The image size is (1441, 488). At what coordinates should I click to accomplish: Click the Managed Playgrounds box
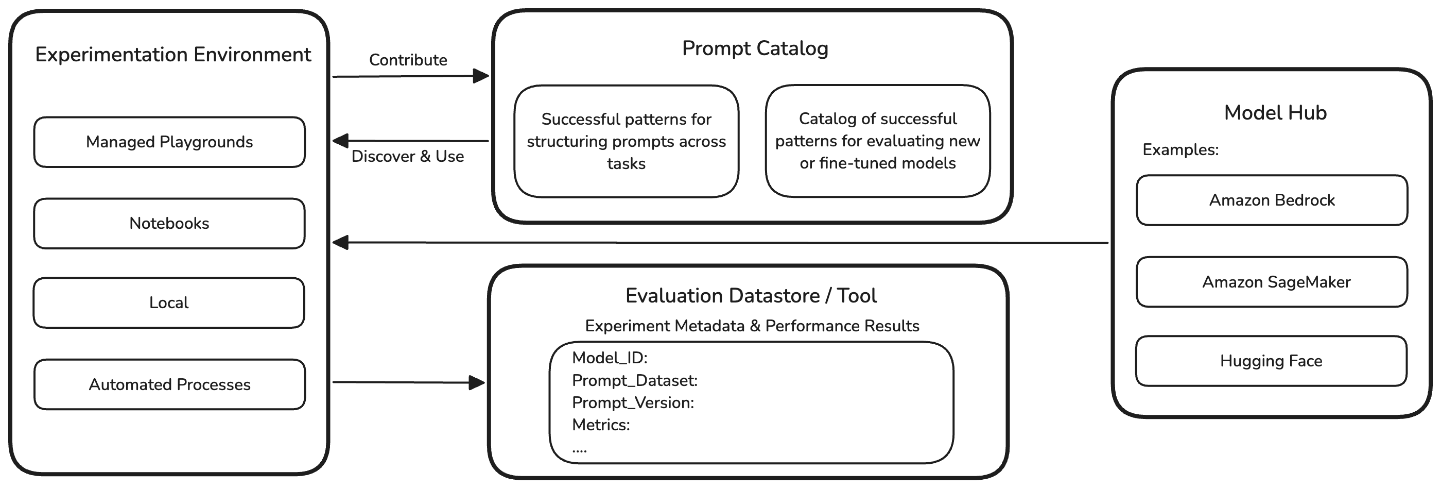pyautogui.click(x=169, y=142)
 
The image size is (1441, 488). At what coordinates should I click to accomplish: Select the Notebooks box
pyautogui.click(x=169, y=223)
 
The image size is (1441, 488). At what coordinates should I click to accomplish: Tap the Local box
pyautogui.click(x=169, y=303)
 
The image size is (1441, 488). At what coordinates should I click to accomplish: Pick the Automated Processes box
pyautogui.click(x=169, y=384)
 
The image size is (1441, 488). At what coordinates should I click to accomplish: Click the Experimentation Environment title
pyautogui.click(x=173, y=55)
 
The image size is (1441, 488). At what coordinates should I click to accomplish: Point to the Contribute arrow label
pyautogui.click(x=408, y=60)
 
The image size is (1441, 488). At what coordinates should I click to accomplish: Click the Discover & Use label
pyautogui.click(x=407, y=156)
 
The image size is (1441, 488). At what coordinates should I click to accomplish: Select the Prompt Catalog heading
pyautogui.click(x=755, y=48)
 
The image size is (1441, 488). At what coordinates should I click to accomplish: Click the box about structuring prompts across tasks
pyautogui.click(x=626, y=141)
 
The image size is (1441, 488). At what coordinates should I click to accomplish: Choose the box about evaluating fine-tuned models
pyautogui.click(x=877, y=141)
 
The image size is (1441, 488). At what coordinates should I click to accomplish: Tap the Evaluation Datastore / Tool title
pyautogui.click(x=751, y=295)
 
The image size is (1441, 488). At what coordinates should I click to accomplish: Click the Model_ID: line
pyautogui.click(x=609, y=358)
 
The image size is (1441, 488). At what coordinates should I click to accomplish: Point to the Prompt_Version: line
pyautogui.click(x=633, y=402)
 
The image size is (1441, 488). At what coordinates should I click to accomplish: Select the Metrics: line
pyautogui.click(x=601, y=425)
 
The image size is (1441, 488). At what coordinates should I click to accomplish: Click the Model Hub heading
pyautogui.click(x=1275, y=112)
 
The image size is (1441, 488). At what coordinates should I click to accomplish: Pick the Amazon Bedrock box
pyautogui.click(x=1272, y=200)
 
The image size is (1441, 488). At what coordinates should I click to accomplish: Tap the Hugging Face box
pyautogui.click(x=1271, y=361)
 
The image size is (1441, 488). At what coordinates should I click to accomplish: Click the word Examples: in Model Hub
pyautogui.click(x=1180, y=150)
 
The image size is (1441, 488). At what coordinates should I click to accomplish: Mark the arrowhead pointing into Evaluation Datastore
pyautogui.click(x=477, y=383)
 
